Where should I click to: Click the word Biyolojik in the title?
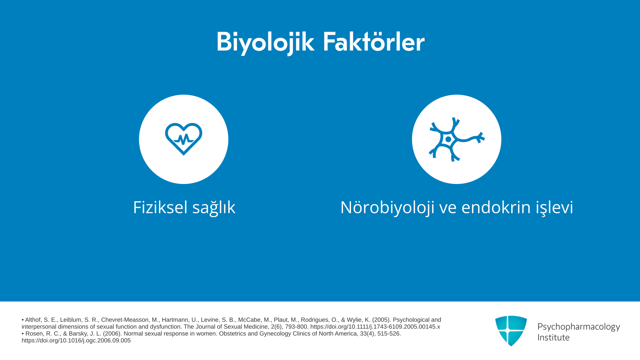[x=265, y=43]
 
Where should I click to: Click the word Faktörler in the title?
[x=374, y=42]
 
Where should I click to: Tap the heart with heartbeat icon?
[x=184, y=139]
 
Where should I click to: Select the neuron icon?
[x=457, y=139]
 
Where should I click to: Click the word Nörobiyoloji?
[x=387, y=208]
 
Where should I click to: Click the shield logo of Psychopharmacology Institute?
[x=511, y=331]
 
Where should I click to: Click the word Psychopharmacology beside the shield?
[x=579, y=327]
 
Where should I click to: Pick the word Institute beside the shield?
[x=554, y=337]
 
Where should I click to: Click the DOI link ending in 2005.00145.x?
[x=375, y=327]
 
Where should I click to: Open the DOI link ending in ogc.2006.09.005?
[x=76, y=341]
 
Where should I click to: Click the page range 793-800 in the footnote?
[x=296, y=327]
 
